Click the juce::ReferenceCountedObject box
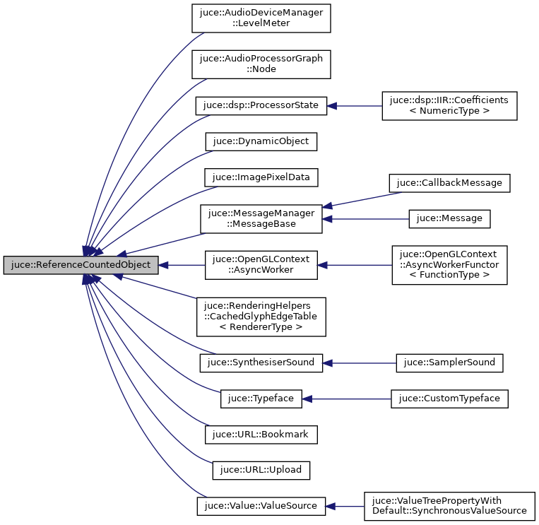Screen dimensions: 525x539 pyautogui.click(x=80, y=266)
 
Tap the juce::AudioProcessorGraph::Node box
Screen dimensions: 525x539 pyautogui.click(x=261, y=64)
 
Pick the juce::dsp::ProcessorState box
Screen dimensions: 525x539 pyautogui.click(x=261, y=105)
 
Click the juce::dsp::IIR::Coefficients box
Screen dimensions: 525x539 pyautogui.click(x=449, y=105)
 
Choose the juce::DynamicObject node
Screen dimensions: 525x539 pyautogui.click(x=261, y=141)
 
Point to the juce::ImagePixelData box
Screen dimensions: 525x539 pyautogui.click(x=261, y=177)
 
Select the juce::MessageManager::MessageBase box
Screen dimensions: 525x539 pyautogui.click(x=261, y=218)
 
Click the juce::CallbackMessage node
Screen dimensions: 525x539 pyautogui.click(x=449, y=182)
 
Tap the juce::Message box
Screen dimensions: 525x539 pyautogui.click(x=449, y=218)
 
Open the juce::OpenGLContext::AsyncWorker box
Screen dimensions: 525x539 pyautogui.click(x=261, y=266)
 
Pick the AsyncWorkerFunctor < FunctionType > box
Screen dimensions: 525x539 pyautogui.click(x=449, y=266)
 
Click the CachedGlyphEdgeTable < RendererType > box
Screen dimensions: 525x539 pyautogui.click(x=261, y=317)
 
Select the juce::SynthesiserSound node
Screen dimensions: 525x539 pyautogui.click(x=261, y=363)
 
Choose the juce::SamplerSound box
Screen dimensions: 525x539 pyautogui.click(x=449, y=363)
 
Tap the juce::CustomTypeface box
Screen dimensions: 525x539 pyautogui.click(x=449, y=399)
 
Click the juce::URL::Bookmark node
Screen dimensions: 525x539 pyautogui.click(x=261, y=435)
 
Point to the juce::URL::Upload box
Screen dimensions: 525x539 pyautogui.click(x=261, y=470)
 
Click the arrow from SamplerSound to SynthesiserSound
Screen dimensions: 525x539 pyautogui.click(x=360, y=363)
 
